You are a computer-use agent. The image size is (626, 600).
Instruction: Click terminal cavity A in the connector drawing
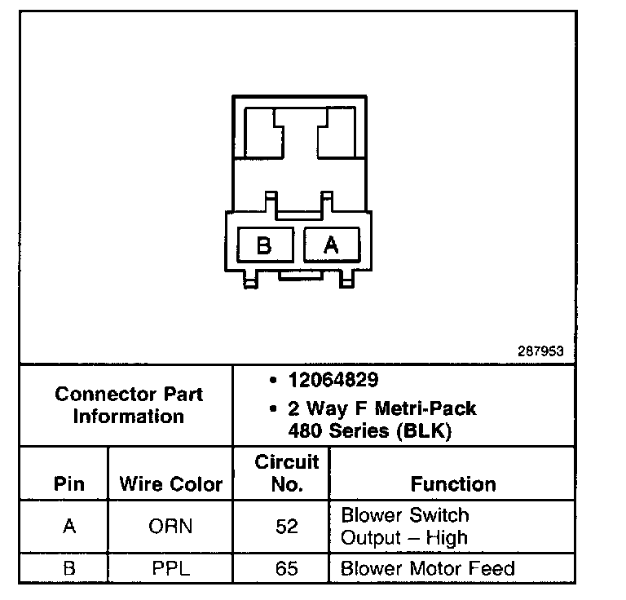[x=330, y=245]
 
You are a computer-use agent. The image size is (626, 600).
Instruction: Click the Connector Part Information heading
[x=129, y=405]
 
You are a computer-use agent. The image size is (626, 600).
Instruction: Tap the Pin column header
[x=68, y=484]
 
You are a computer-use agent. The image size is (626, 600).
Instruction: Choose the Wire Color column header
[x=170, y=484]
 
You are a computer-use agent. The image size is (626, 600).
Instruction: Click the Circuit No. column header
[x=287, y=474]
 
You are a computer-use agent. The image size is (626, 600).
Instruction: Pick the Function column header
[x=453, y=484]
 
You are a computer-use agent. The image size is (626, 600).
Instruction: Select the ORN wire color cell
[x=170, y=527]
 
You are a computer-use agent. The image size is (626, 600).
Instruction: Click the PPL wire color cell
[x=170, y=568]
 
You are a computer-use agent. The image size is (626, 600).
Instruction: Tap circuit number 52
[x=287, y=527]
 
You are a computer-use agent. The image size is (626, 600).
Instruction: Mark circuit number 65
[x=287, y=568]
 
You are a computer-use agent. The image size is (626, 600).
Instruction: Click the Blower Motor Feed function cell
[x=428, y=568]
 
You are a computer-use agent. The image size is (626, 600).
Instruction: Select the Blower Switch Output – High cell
[x=405, y=527]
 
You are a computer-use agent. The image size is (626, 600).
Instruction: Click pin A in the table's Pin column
[x=68, y=527]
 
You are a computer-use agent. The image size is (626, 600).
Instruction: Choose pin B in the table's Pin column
[x=68, y=568]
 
